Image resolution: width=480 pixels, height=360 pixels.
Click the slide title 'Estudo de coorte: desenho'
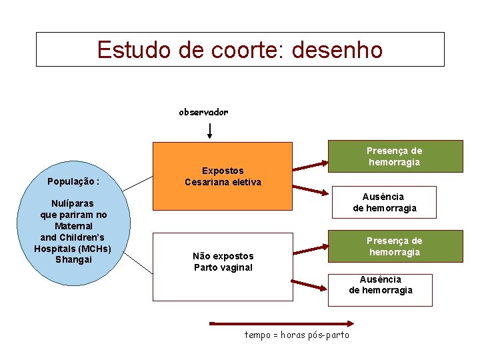coord(240,50)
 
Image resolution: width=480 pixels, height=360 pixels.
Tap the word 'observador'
coord(203,112)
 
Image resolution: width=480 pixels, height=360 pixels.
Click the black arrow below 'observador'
coord(210,129)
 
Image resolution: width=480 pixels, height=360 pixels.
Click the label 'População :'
coord(73,181)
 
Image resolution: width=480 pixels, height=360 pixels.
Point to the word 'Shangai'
coord(73,259)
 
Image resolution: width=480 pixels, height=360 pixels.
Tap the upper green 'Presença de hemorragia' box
coord(395,157)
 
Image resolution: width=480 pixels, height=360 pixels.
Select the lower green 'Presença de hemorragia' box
coord(395,246)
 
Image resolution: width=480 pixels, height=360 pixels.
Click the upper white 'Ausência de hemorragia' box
coord(385,203)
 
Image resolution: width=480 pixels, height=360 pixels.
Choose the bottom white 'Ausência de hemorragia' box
coord(380,289)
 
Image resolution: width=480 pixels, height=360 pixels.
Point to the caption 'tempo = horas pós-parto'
coord(297,335)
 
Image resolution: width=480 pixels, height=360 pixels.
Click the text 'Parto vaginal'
coord(223,267)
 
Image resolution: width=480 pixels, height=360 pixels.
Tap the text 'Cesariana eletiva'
coord(223,183)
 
